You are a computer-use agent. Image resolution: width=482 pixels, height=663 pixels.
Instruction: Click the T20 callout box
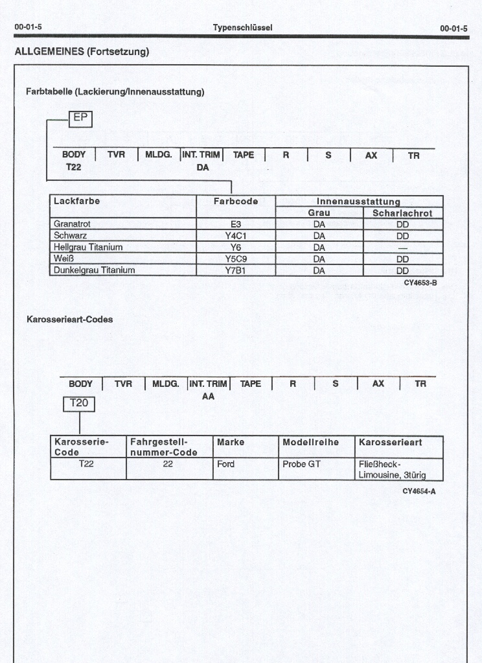click(x=79, y=403)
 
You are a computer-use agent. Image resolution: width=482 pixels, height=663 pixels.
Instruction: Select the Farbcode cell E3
click(x=236, y=224)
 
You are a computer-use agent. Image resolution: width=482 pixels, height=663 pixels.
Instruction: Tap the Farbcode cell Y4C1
click(x=236, y=236)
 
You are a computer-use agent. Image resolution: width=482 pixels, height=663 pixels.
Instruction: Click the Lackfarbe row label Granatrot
click(x=72, y=224)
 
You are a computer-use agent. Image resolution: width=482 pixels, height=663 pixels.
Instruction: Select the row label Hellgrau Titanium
click(x=88, y=248)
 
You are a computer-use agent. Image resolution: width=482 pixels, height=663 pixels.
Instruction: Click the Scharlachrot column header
click(x=402, y=213)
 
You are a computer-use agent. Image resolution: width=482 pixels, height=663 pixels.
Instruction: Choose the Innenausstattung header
click(x=358, y=202)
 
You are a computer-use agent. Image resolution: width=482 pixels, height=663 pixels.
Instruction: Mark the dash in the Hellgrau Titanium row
click(x=402, y=248)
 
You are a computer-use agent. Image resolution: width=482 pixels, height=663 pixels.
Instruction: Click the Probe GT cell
click(x=301, y=464)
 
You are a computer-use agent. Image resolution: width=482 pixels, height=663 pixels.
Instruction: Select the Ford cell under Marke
click(x=226, y=464)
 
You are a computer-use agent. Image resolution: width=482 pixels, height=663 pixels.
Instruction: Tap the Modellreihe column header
click(x=311, y=442)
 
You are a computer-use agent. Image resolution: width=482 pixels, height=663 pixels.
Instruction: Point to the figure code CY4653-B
click(x=420, y=283)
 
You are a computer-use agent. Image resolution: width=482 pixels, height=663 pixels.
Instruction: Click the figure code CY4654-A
click(x=419, y=491)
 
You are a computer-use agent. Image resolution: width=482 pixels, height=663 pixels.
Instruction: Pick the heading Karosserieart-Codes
click(x=69, y=320)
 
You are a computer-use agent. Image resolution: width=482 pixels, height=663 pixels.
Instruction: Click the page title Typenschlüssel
click(x=242, y=28)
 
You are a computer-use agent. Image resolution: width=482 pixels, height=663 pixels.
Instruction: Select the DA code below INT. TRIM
click(x=203, y=167)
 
